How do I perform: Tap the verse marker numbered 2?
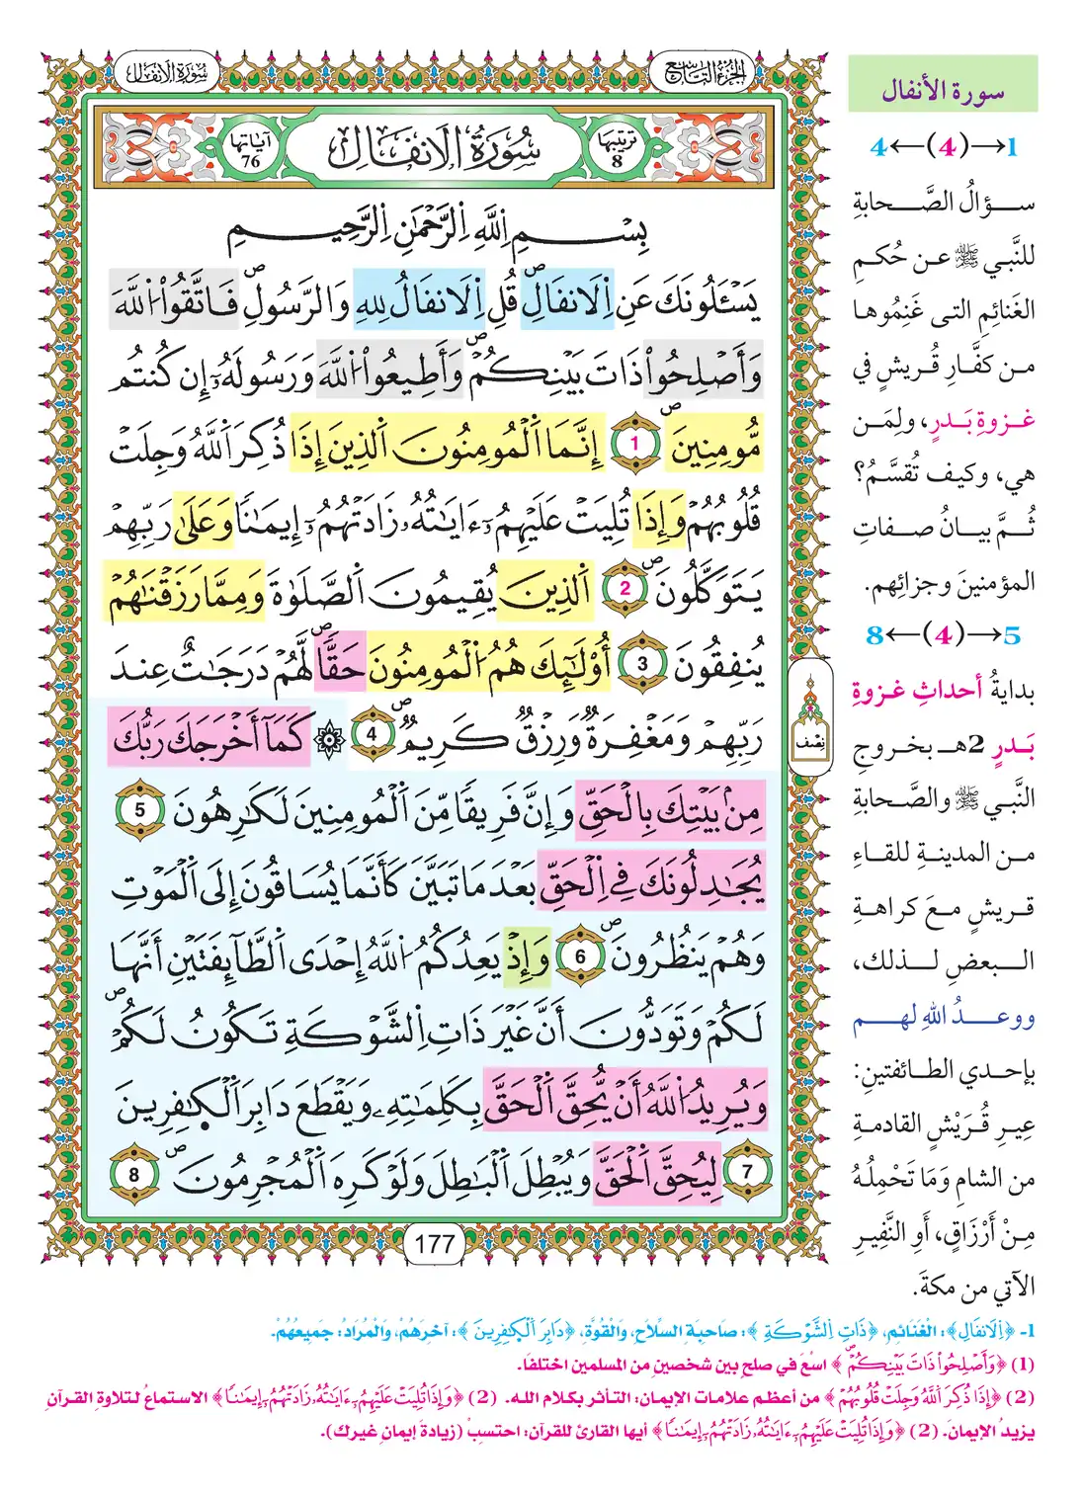click(x=625, y=590)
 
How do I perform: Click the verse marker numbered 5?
click(x=139, y=809)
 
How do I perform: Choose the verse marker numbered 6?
click(x=581, y=956)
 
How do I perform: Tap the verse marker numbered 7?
click(x=747, y=1173)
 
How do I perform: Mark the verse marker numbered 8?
click(x=134, y=1174)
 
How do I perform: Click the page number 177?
click(x=436, y=1242)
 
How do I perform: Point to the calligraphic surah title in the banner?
click(x=435, y=149)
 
